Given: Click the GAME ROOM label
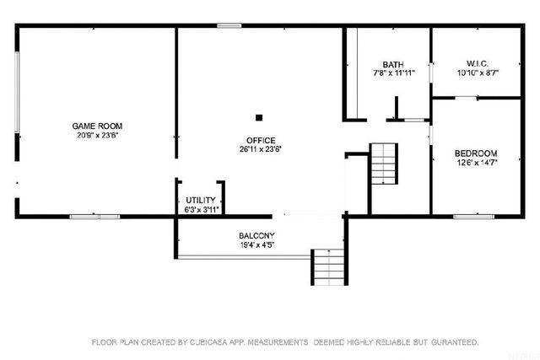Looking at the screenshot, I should click(x=97, y=126).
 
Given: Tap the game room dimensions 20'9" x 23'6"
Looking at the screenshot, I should click(x=97, y=135).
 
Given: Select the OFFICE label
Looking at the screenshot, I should click(x=261, y=140).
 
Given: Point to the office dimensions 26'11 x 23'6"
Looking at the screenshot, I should click(x=261, y=149).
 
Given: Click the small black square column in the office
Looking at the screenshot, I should click(x=260, y=118).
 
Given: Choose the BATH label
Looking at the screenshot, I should click(x=392, y=64).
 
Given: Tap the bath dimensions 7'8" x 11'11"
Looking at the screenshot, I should click(x=392, y=73).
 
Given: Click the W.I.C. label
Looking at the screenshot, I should click(x=478, y=63).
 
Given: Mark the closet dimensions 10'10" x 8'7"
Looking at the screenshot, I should click(x=478, y=73).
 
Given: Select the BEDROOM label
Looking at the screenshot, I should click(x=476, y=153).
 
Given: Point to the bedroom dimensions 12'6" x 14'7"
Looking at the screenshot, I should click(x=476, y=163).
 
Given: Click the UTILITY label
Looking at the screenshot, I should click(x=200, y=200).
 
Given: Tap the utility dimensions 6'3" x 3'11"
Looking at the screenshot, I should click(x=200, y=209).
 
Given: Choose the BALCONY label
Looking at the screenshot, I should click(x=256, y=235).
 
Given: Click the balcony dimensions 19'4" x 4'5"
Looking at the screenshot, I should click(x=256, y=244).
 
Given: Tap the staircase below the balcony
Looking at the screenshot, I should click(x=329, y=266).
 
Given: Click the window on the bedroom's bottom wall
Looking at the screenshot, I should click(x=473, y=217).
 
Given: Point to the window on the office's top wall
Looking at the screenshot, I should click(x=229, y=26).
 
